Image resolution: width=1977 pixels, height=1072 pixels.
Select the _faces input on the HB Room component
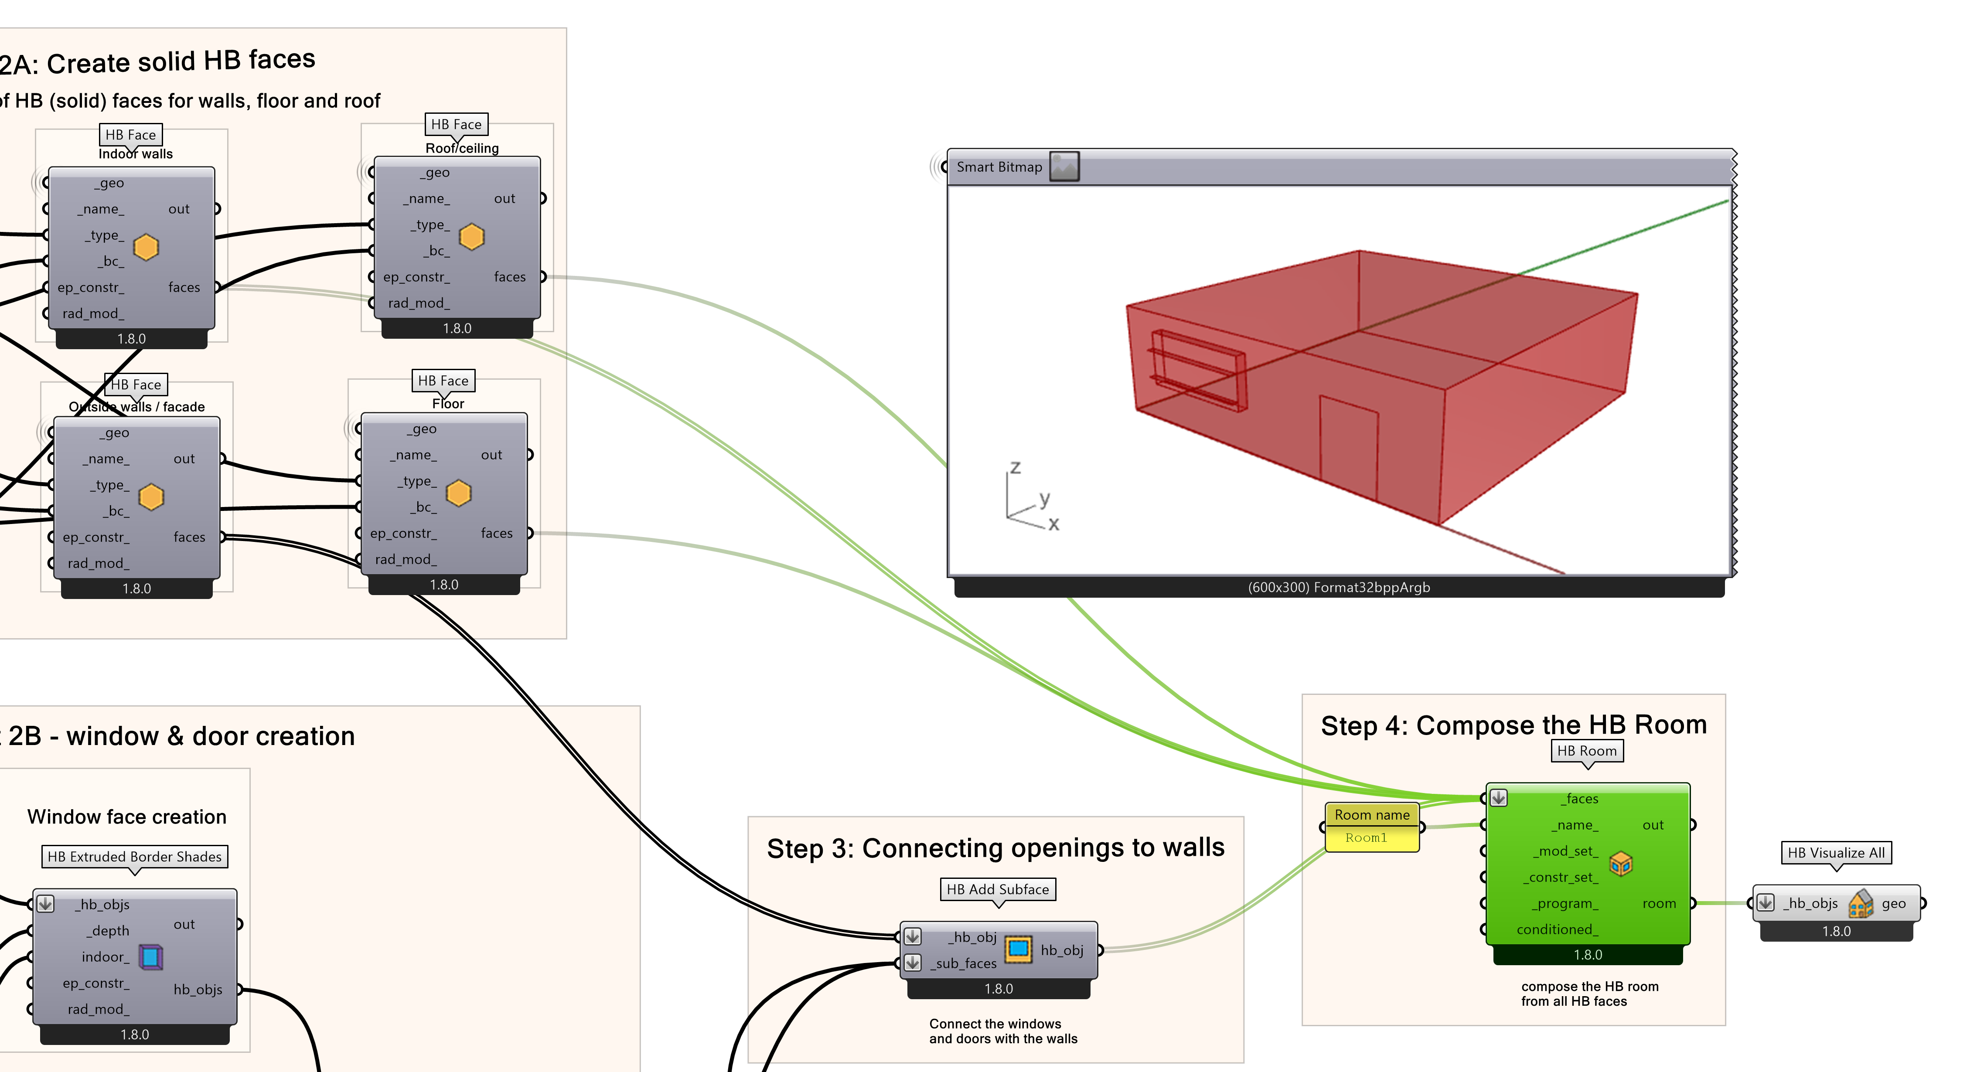[x=1582, y=799]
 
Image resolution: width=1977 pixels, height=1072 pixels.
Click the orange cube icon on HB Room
[x=1620, y=864]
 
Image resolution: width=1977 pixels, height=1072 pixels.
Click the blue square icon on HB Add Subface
[x=1019, y=949]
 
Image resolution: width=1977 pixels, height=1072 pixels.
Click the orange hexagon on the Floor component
[x=458, y=493]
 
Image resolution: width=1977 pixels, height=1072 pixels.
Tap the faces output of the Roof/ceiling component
[x=510, y=277]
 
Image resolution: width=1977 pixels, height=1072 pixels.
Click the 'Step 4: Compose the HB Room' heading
[x=1513, y=725]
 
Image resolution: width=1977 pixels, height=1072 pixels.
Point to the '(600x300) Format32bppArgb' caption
[x=1339, y=588]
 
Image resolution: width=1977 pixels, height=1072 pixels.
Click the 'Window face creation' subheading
[x=126, y=817]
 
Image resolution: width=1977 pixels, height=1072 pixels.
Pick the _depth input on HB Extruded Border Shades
[x=110, y=931]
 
